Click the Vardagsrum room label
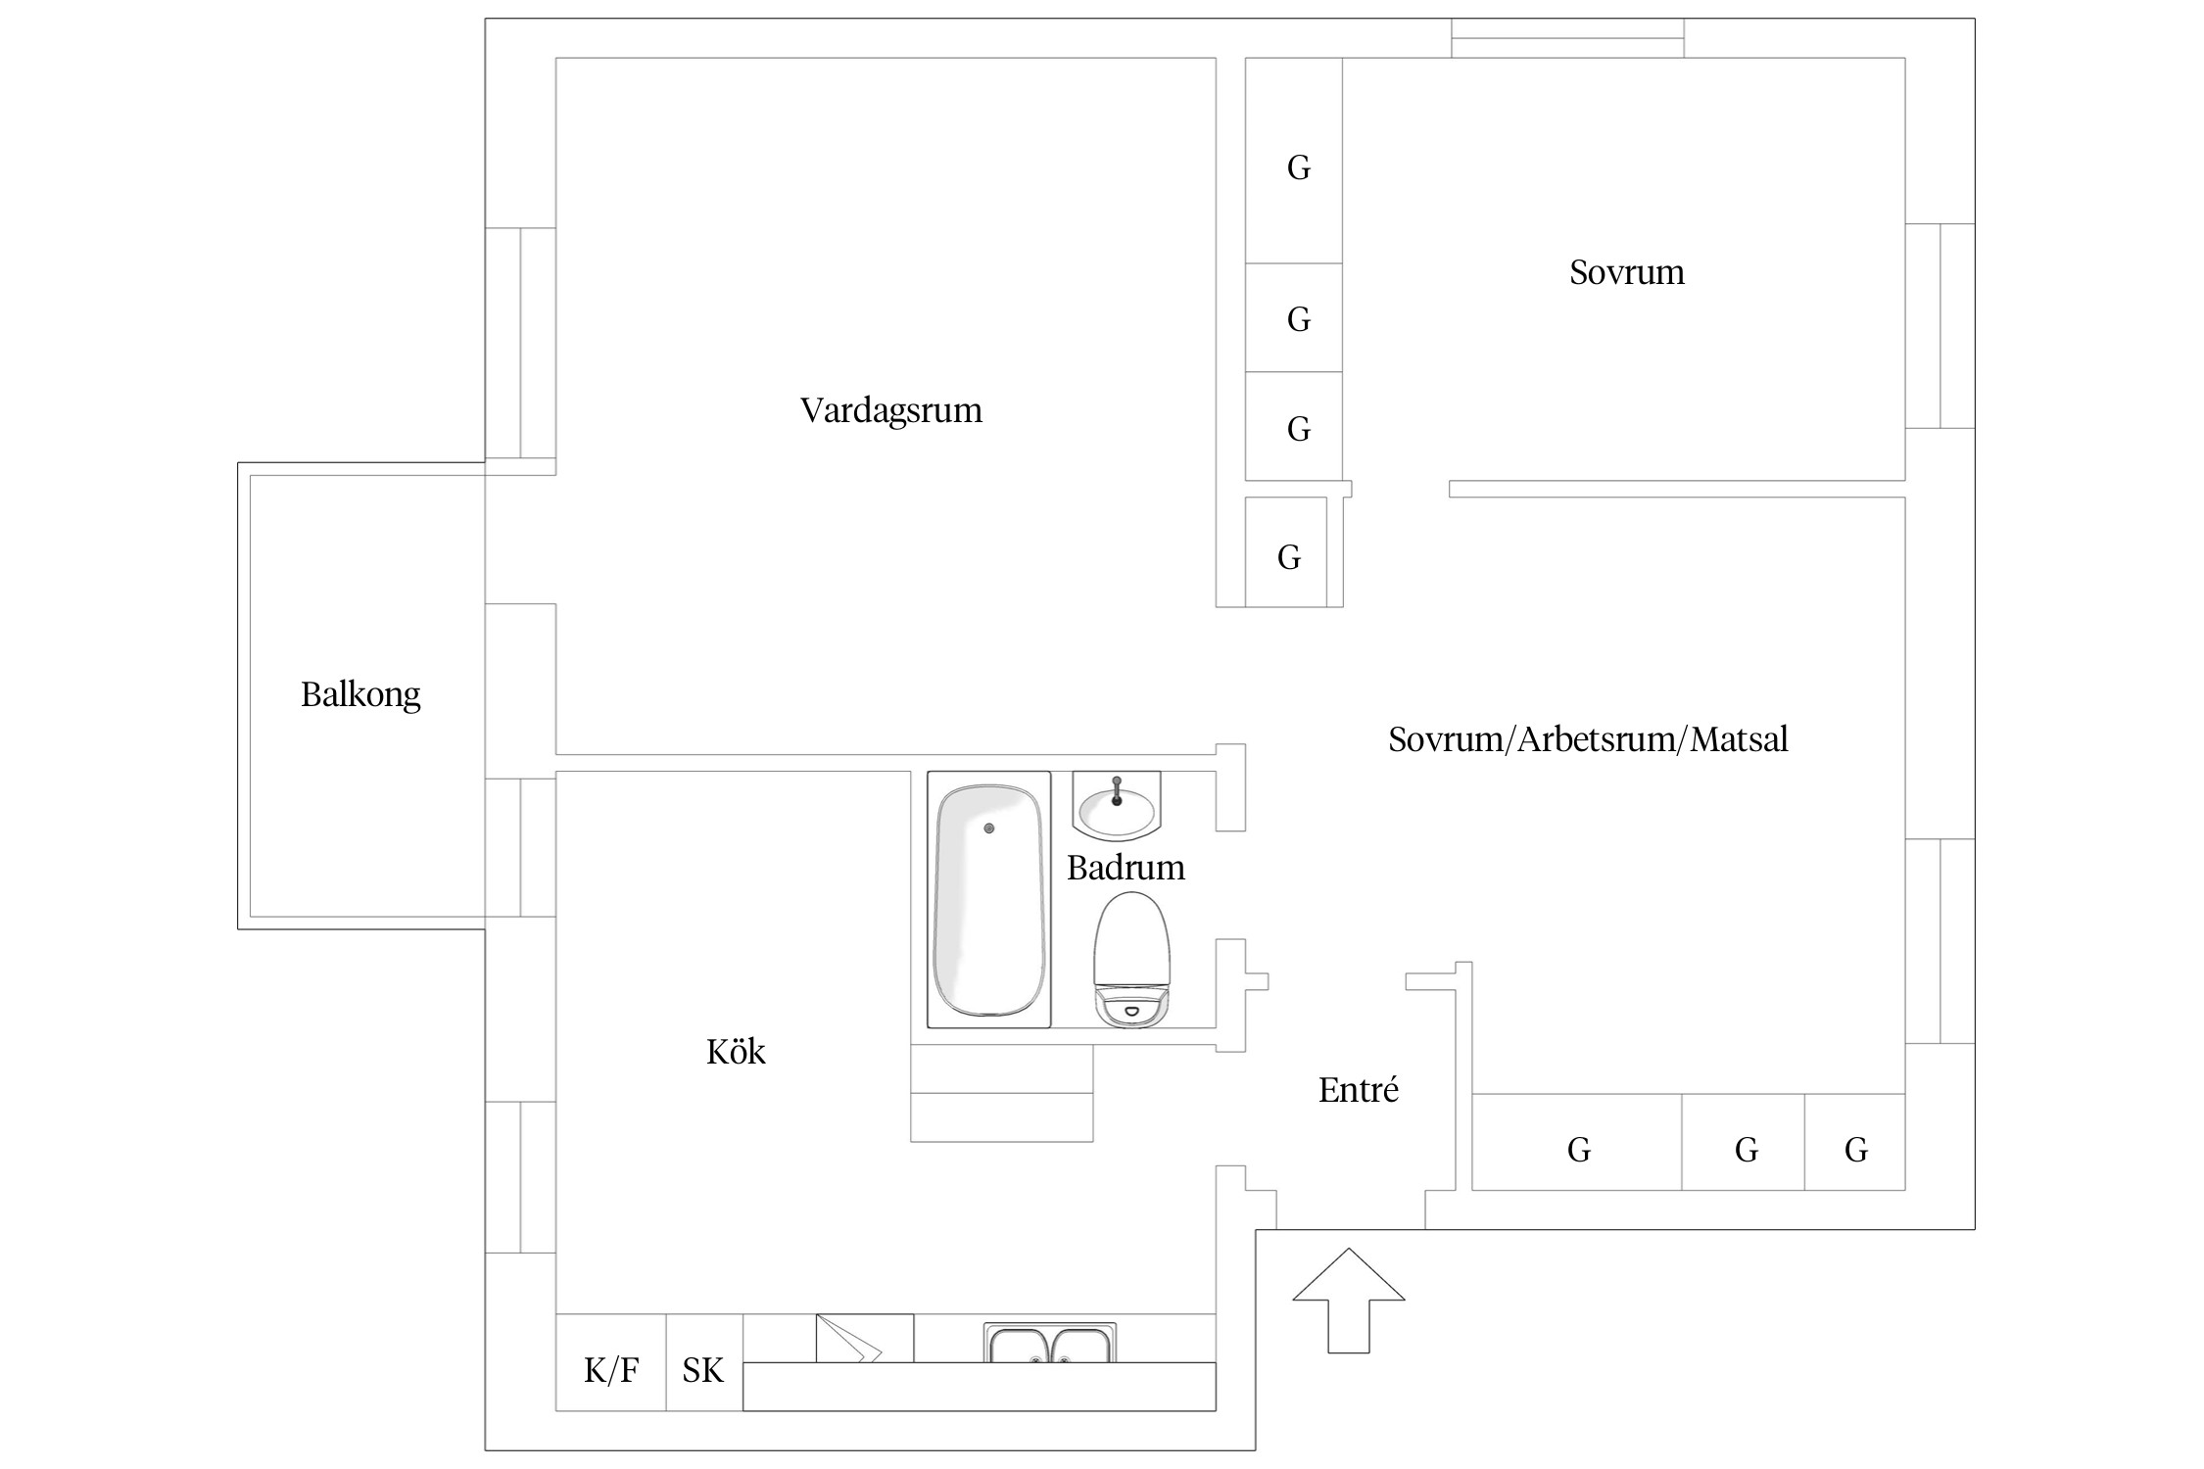click(x=890, y=409)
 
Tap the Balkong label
click(x=360, y=694)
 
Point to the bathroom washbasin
click(x=1117, y=809)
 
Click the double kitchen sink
click(x=1050, y=1344)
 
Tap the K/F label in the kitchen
click(x=611, y=1369)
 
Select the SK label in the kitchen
click(x=702, y=1369)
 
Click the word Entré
click(x=1358, y=1090)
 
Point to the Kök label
click(x=736, y=1052)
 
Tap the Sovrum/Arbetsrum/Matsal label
click(x=1588, y=738)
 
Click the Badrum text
click(x=1126, y=868)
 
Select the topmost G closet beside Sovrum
click(x=1298, y=167)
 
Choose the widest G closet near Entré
click(x=1578, y=1149)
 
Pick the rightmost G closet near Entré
click(x=1855, y=1149)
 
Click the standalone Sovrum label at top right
click(x=1626, y=271)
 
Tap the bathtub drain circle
click(x=989, y=829)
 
